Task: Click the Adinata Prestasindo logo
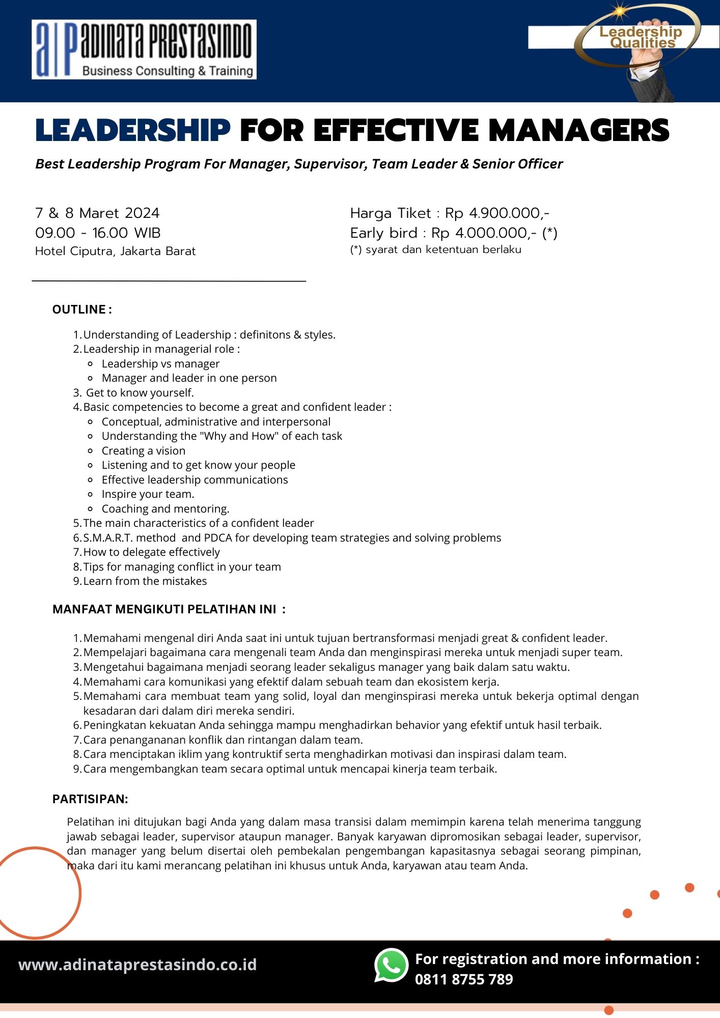coord(144,49)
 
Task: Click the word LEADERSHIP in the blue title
coord(133,130)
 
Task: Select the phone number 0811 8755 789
coord(464,979)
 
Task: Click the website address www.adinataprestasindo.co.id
coord(137,965)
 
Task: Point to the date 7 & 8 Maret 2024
coord(97,213)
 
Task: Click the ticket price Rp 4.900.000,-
coord(497,213)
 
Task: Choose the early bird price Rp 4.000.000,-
coord(484,233)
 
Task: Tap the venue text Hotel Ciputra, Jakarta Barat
coord(115,251)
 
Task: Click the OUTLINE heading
coord(82,309)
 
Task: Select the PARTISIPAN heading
coord(90,799)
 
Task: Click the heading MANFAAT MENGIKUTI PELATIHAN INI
coord(169,609)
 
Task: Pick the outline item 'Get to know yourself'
coord(140,392)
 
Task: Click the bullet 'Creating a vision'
coord(144,450)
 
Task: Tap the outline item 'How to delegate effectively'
coord(151,552)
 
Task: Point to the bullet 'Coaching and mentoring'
coord(165,508)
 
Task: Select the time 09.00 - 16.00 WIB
coord(98,233)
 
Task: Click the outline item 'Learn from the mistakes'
coord(145,581)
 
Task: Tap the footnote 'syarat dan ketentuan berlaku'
coord(443,249)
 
